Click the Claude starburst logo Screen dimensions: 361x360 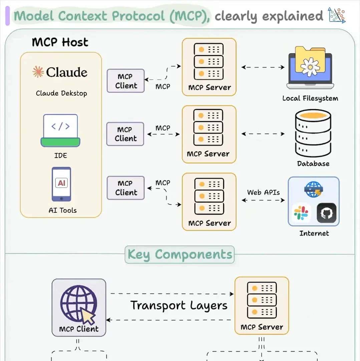point(38,72)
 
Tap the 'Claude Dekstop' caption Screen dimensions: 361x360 point(61,93)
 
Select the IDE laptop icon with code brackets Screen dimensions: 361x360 point(60,131)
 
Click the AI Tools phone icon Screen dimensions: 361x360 point(61,184)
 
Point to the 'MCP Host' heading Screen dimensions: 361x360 point(60,42)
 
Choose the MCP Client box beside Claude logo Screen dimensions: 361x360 point(125,81)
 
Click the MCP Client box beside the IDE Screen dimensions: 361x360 point(125,134)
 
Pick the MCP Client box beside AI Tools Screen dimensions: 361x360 point(125,188)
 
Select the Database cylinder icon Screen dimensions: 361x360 point(313,133)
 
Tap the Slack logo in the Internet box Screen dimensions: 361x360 point(301,213)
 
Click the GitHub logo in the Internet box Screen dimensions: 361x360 point(327,213)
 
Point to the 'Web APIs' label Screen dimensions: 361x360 point(263,192)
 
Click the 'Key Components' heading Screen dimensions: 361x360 point(180,254)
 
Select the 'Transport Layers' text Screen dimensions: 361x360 point(179,305)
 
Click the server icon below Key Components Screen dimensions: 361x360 point(262,300)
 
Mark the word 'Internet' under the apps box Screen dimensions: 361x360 point(314,233)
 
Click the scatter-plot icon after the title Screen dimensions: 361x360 point(337,15)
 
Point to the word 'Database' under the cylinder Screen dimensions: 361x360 point(313,164)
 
